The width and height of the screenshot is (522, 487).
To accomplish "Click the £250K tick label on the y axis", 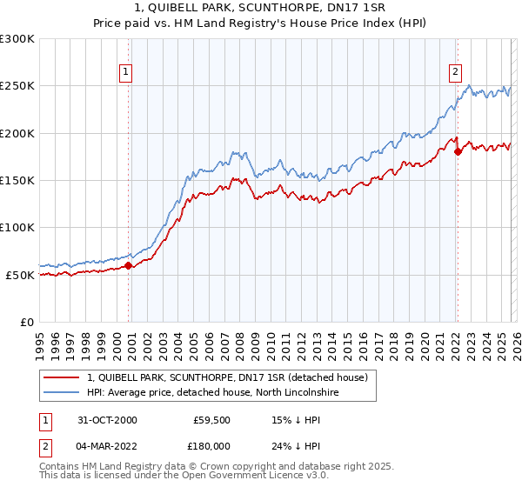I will point(17,86).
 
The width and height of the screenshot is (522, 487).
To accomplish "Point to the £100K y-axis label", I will point(17,228).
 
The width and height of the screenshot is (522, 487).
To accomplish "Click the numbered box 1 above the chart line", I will point(126,72).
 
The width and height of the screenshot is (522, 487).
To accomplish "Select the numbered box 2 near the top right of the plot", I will point(455,72).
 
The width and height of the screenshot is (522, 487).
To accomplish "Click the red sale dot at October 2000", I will point(129,266).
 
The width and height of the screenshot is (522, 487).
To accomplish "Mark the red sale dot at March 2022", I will point(458,152).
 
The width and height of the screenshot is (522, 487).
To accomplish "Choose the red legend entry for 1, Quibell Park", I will point(228,377).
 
